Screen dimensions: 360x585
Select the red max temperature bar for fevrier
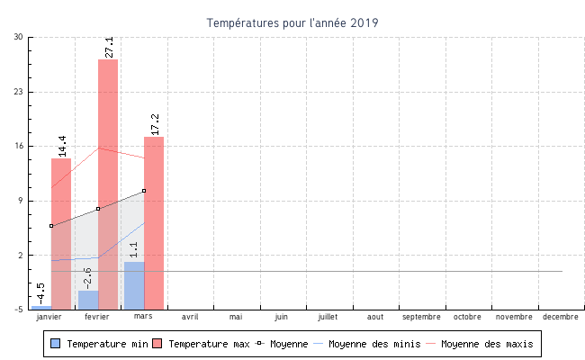tap(108, 180)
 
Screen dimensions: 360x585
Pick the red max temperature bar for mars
tap(154, 225)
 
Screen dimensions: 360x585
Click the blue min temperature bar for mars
tap(134, 285)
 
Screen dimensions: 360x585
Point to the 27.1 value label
tap(109, 47)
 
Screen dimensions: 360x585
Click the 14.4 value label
tap(62, 146)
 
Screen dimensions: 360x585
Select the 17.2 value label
tap(155, 124)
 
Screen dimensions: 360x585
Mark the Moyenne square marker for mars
tap(144, 191)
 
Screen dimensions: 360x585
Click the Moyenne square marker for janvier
tap(51, 226)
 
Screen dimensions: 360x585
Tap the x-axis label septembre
tap(421, 317)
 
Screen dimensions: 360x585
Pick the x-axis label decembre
tap(561, 317)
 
